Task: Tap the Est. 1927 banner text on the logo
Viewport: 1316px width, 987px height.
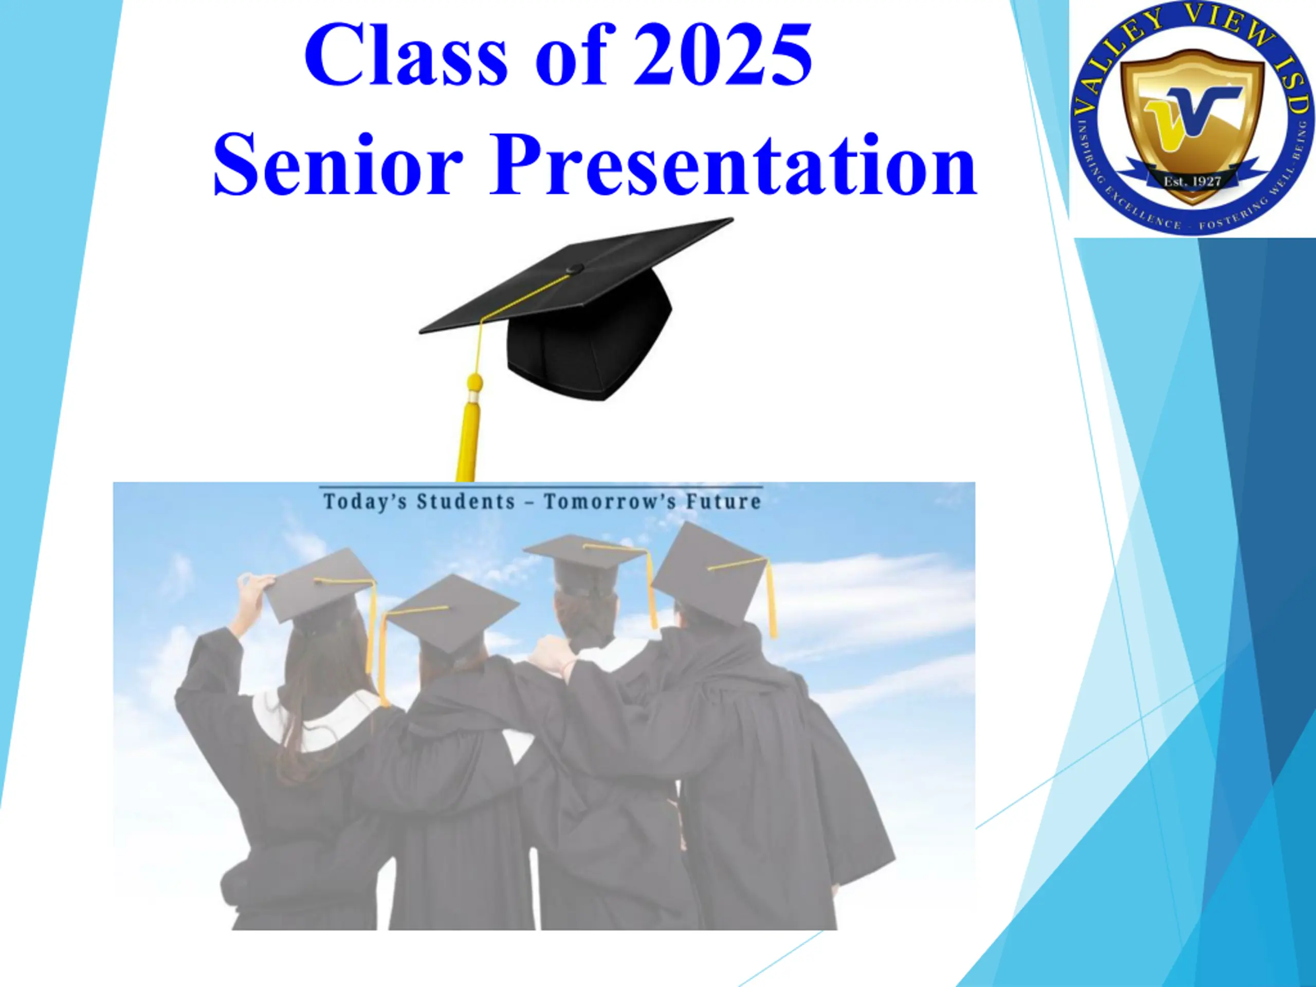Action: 1192,181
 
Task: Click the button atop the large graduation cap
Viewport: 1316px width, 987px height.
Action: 574,269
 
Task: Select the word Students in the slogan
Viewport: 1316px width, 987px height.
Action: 466,502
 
